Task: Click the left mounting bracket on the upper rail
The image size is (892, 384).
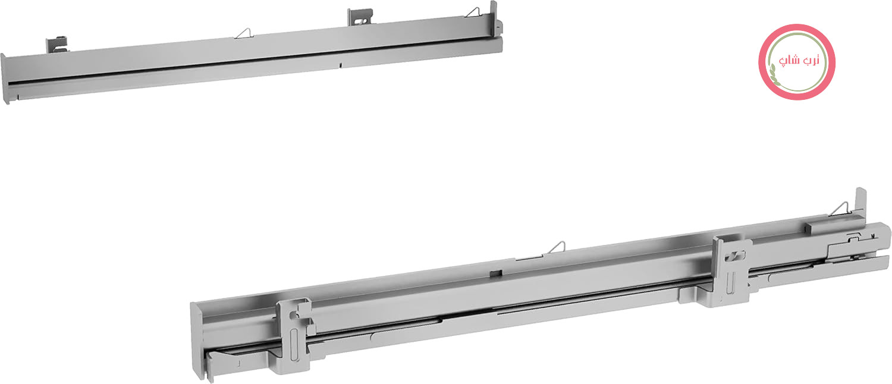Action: (57, 45)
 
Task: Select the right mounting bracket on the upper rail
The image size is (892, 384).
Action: (360, 17)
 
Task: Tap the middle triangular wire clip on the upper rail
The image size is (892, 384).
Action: (244, 33)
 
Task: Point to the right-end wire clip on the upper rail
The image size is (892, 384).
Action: (473, 12)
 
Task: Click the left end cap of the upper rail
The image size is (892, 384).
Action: (5, 78)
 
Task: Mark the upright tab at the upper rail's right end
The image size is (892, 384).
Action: (494, 11)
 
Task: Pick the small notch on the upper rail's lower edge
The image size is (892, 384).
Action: (341, 65)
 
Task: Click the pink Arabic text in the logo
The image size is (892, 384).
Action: (799, 61)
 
